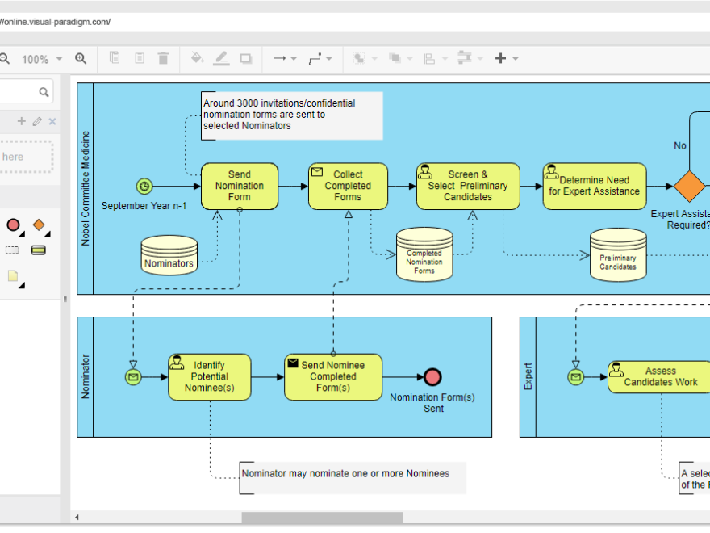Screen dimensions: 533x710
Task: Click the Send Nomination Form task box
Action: click(x=240, y=186)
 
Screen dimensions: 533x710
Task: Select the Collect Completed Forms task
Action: click(x=348, y=186)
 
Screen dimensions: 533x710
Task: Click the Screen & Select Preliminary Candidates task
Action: click(x=468, y=186)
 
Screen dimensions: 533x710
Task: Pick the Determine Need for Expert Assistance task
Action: click(x=594, y=186)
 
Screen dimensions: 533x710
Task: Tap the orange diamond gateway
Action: click(x=689, y=187)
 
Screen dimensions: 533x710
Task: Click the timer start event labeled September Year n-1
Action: click(x=144, y=187)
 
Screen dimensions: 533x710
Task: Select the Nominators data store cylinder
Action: click(x=169, y=255)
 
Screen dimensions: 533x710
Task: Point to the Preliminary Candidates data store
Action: click(x=618, y=255)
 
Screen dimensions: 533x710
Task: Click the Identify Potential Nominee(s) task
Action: click(x=210, y=376)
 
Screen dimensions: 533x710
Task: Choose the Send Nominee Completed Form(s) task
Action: click(x=332, y=376)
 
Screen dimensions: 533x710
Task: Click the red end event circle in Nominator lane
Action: click(x=433, y=376)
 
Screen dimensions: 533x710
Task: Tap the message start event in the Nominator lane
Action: click(x=133, y=376)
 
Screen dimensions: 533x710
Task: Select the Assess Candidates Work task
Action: click(x=660, y=376)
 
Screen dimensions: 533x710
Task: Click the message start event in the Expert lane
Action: click(x=575, y=376)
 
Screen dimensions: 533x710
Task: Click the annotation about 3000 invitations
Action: click(x=290, y=115)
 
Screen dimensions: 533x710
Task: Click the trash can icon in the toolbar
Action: click(x=164, y=58)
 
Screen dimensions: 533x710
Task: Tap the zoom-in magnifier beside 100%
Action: click(x=81, y=58)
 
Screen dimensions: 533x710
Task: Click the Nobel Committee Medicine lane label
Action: click(x=86, y=188)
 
